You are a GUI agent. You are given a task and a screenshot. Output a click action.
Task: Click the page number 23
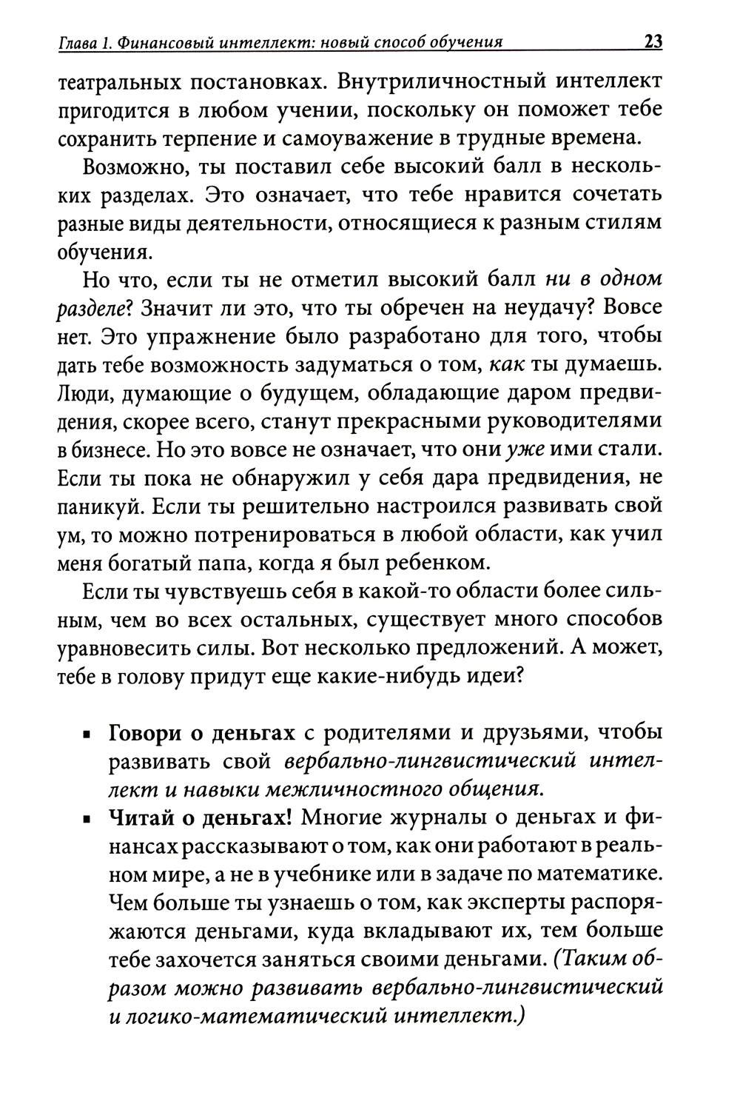point(653,41)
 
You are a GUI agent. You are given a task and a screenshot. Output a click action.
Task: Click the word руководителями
point(575,421)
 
